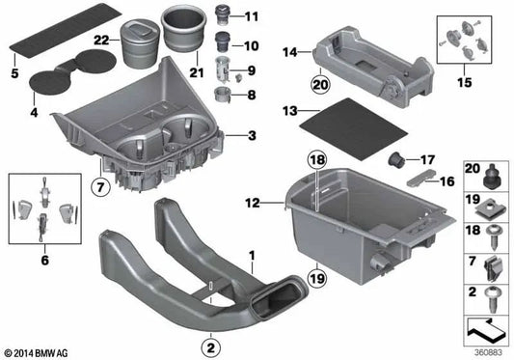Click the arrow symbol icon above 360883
click(484, 329)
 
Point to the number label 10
click(252, 44)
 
